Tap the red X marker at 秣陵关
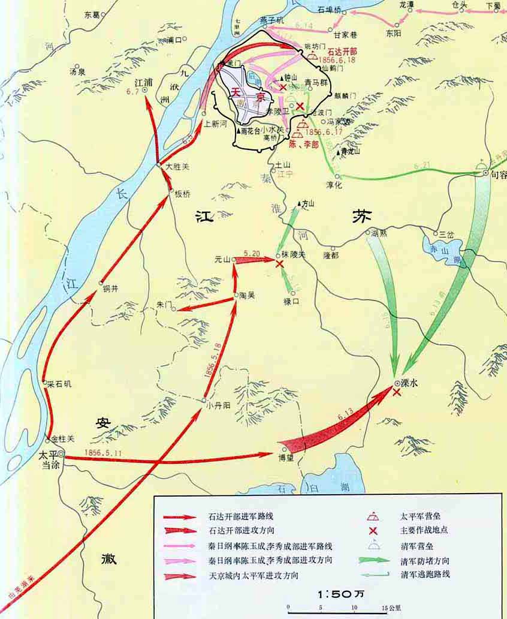point(279,263)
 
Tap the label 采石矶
point(60,384)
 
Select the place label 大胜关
point(178,167)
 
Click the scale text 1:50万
point(337,594)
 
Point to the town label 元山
point(222,259)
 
